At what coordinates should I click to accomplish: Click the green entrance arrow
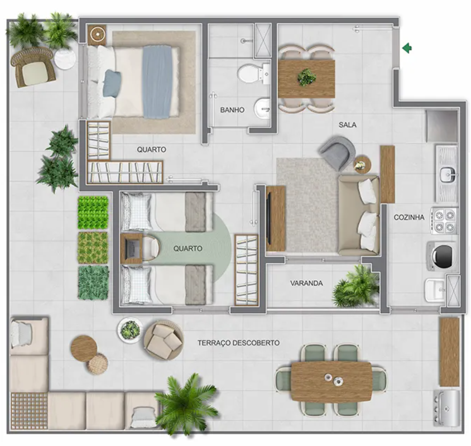tap(407, 48)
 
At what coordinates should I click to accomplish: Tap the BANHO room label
tap(232, 110)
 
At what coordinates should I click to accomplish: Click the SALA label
tap(347, 124)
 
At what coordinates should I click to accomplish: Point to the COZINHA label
tap(409, 217)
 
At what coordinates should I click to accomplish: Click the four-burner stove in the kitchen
tap(444, 221)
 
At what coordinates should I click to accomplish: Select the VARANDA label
tap(306, 284)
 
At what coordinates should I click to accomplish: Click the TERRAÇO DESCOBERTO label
tap(238, 343)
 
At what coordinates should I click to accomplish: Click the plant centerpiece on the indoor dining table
tap(306, 77)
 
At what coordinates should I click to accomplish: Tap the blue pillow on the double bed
tap(112, 84)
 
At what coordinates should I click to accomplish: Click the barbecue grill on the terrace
tap(446, 408)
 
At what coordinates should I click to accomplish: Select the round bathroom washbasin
tap(262, 108)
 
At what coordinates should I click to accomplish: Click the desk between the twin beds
tap(131, 249)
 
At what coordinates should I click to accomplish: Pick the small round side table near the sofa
tap(362, 165)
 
